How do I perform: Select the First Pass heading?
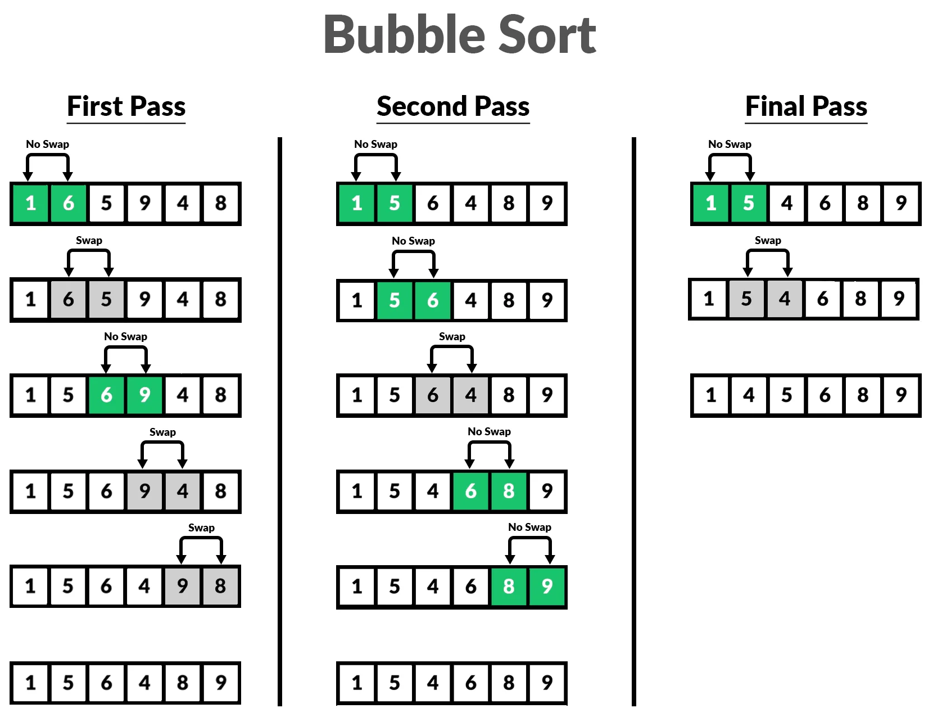[126, 106]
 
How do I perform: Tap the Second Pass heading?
[453, 106]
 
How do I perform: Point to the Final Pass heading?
[806, 106]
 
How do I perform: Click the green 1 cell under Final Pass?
[710, 202]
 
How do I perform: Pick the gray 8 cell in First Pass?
[221, 586]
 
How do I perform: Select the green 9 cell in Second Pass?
[547, 587]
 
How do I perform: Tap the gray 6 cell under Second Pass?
[433, 395]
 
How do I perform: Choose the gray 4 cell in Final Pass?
[785, 299]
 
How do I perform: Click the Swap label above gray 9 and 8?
[201, 527]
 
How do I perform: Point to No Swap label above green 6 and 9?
[125, 336]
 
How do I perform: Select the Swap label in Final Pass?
[768, 240]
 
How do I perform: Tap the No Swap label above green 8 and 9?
[529, 527]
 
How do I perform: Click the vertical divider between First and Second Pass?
[280, 422]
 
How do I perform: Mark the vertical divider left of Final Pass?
[634, 422]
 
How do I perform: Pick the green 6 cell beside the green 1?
[69, 202]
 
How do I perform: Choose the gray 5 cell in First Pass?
[106, 299]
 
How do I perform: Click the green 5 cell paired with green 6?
[395, 300]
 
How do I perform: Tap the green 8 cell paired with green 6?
[509, 491]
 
